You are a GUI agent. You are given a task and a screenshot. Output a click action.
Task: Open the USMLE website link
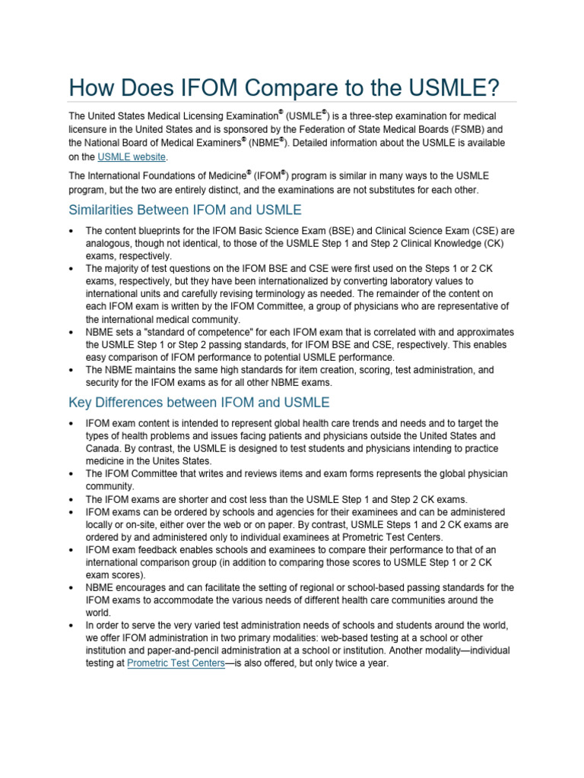pos(131,157)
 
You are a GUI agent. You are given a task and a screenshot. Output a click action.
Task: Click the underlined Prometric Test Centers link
pos(175,663)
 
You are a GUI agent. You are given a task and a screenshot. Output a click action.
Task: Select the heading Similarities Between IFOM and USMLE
pos(185,209)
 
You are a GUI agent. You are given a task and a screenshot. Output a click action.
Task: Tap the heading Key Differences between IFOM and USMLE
pos(199,402)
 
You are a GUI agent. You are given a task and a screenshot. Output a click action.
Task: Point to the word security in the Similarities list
pos(103,383)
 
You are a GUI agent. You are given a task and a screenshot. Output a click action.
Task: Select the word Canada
pos(104,448)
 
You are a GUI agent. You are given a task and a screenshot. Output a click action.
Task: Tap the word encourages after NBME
pos(152,587)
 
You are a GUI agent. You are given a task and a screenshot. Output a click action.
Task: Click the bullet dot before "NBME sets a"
pos(71,332)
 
